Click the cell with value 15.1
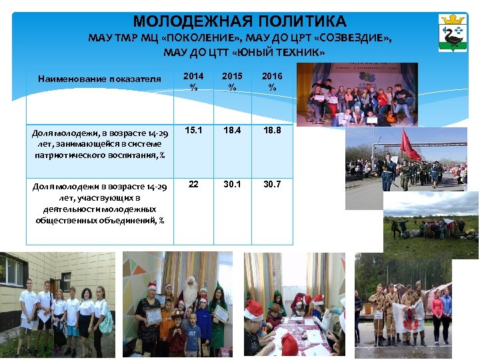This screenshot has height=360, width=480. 193,131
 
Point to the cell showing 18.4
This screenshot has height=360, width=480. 231,131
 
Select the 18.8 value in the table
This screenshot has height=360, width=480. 271,131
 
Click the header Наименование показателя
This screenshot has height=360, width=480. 99,79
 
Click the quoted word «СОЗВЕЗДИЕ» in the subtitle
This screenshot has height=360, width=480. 355,38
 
